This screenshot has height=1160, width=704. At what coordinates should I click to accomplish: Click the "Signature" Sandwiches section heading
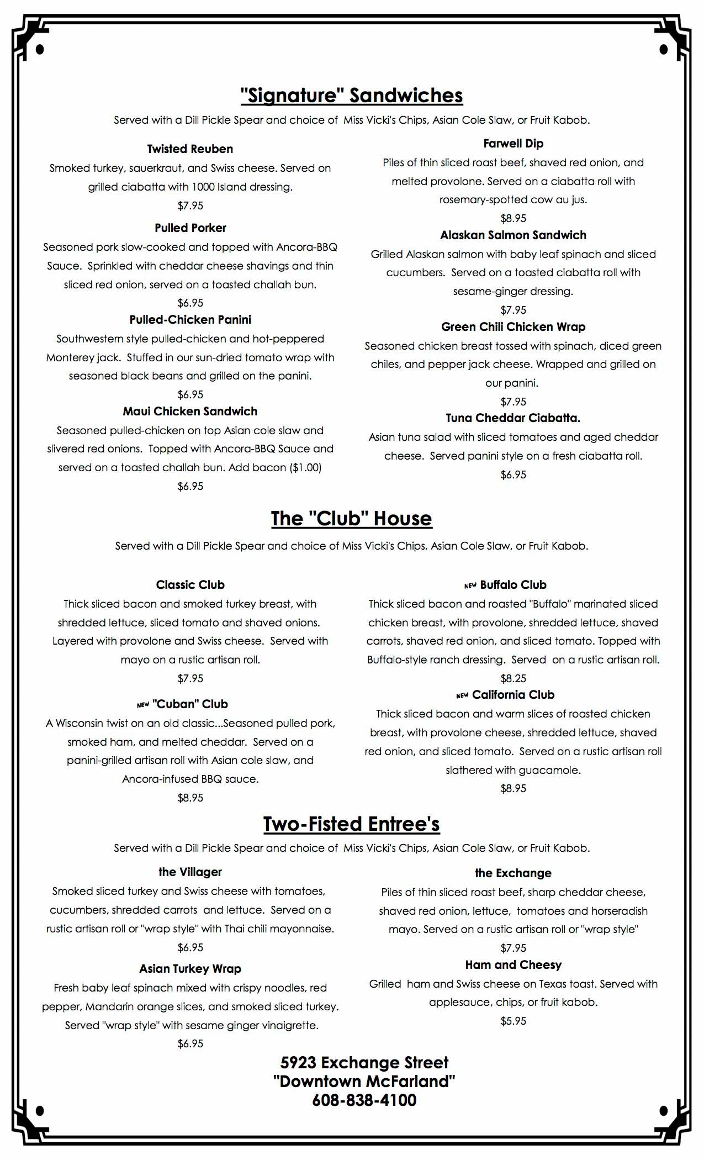[352, 96]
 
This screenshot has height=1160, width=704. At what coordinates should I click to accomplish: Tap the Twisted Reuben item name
[190, 149]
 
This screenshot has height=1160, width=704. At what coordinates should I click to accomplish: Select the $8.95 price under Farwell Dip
[513, 218]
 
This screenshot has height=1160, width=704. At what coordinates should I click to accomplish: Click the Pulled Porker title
[190, 228]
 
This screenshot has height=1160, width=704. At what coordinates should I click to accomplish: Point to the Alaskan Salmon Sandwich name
[513, 235]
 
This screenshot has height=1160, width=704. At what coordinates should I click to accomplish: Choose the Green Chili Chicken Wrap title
[513, 327]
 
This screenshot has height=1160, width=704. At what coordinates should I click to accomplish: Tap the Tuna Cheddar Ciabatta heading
[513, 418]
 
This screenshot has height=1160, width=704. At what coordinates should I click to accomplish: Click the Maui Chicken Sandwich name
[190, 412]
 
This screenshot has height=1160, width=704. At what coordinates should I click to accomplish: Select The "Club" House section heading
[352, 519]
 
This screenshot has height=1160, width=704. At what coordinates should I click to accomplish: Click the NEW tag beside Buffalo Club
[470, 586]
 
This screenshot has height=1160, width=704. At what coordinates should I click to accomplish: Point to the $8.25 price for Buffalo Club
[513, 678]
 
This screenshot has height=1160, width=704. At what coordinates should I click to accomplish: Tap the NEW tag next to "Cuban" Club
[143, 705]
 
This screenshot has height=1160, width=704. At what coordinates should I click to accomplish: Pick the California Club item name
[513, 695]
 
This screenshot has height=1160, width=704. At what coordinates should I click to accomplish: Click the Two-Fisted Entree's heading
[352, 824]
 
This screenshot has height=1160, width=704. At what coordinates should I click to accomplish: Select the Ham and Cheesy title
[513, 965]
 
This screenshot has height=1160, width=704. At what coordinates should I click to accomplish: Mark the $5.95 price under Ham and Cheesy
[513, 1021]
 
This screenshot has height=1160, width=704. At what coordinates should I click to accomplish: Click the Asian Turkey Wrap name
[190, 969]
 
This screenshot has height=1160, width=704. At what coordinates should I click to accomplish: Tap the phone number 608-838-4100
[364, 1100]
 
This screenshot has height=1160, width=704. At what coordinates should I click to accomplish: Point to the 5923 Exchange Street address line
[364, 1063]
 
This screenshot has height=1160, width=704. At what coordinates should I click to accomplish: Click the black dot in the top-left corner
[39, 50]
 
